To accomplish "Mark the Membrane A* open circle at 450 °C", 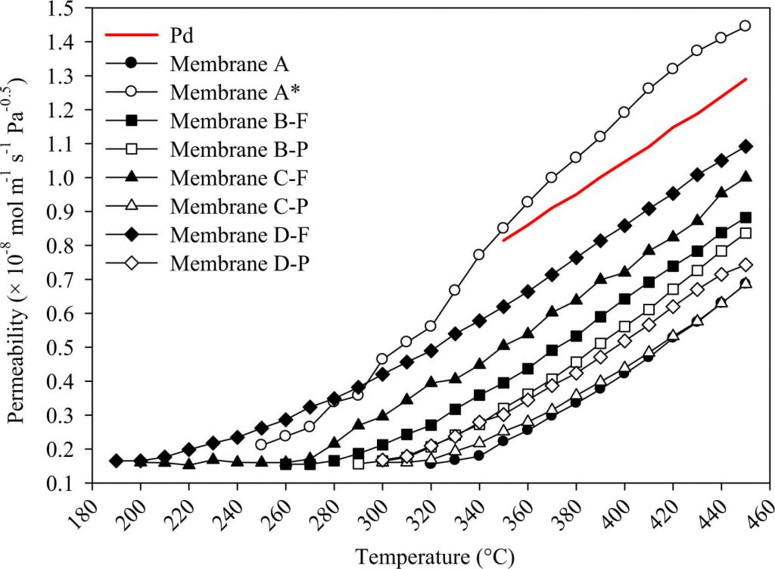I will [x=745, y=26].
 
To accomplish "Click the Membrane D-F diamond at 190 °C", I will [x=116, y=461].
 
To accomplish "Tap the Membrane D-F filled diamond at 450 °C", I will [x=745, y=146].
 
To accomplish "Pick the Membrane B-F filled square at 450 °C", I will [x=745, y=217].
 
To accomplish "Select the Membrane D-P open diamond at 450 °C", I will [x=745, y=264].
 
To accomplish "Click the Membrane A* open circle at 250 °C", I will [x=261, y=445].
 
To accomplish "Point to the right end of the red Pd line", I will [x=746, y=79].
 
